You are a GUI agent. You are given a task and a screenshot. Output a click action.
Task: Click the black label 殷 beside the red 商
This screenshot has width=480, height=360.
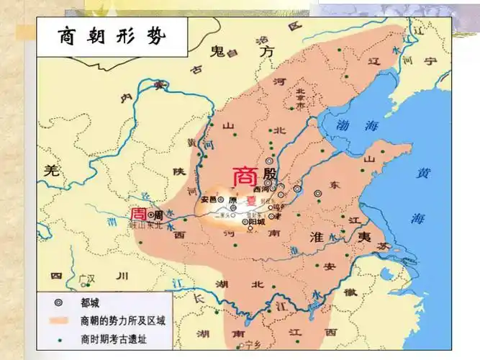(x=269, y=175)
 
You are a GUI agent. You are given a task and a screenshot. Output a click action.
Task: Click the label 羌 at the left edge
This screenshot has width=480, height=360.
(x=50, y=171)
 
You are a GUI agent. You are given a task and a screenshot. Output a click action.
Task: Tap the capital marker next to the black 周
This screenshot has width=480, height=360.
(x=150, y=215)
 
